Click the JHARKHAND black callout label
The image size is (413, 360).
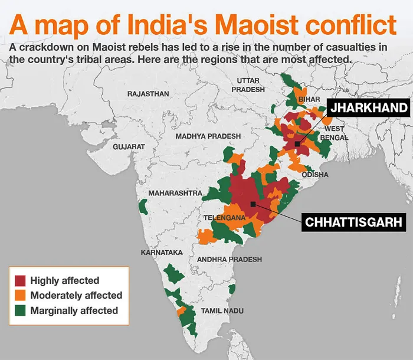pos(369,108)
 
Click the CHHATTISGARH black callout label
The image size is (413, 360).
pos(353,222)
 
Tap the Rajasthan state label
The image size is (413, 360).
pos(148,94)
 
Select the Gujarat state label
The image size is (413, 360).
pos(129,146)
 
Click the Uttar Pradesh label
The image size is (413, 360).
pos(248,84)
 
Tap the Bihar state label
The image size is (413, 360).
pos(309,100)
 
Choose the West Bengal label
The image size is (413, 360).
pos(334,133)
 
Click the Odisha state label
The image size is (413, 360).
pos(315,175)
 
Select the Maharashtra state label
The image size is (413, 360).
pos(175,193)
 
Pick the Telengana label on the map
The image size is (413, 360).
pos(224,218)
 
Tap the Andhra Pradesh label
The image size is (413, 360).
pos(230,260)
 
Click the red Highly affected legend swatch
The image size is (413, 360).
pos(21,280)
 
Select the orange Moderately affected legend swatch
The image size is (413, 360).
pos(21,295)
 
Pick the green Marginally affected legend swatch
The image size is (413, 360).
pos(21,310)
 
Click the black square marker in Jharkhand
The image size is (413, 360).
pos(297,143)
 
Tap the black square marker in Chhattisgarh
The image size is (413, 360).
pos(253,204)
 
